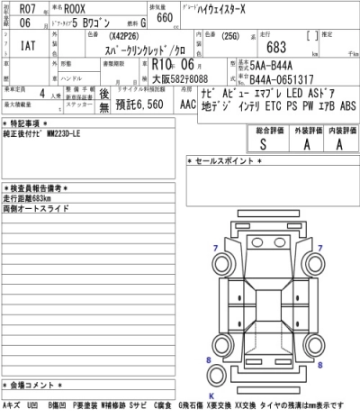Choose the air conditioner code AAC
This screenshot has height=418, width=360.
pos(186,104)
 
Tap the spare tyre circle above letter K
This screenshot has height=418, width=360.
pos(212,379)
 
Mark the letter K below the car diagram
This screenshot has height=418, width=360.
pos(212,394)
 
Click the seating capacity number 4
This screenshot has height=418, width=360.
pos(42,94)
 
